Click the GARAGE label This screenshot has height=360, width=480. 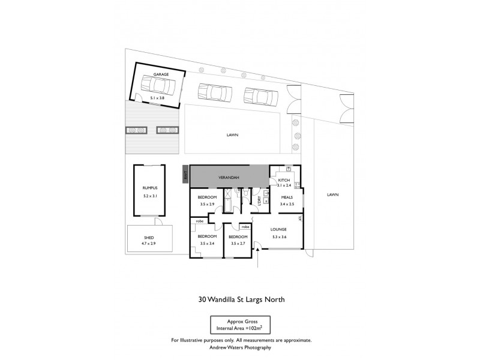tap(161, 74)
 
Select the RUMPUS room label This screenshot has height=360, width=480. tap(141, 188)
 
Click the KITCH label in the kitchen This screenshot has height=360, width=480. tap(284, 180)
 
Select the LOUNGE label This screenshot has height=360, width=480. tap(278, 229)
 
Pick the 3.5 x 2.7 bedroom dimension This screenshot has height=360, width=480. tap(238, 244)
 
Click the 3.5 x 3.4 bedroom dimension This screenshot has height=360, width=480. tap(206, 244)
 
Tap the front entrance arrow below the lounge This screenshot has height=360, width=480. tap(257, 259)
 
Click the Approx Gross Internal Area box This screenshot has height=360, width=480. tap(239, 324)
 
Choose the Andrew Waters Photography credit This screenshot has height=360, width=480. tap(239, 347)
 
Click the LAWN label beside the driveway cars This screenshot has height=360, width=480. tap(233, 135)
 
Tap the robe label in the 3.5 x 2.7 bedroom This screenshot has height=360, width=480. tap(245, 227)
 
